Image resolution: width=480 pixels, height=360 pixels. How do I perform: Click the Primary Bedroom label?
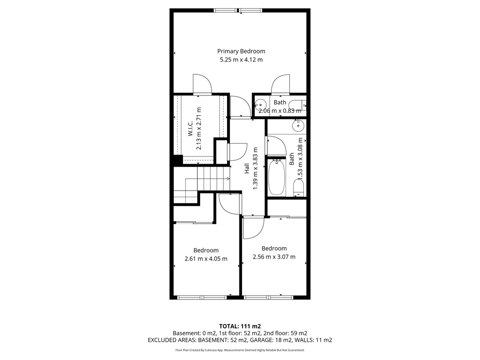[241, 51]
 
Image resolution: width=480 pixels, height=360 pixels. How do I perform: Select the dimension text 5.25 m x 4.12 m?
[241, 60]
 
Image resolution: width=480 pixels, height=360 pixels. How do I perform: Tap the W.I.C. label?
[190, 129]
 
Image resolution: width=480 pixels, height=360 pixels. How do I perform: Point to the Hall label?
[247, 168]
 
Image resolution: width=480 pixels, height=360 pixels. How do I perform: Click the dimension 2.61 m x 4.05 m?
[206, 259]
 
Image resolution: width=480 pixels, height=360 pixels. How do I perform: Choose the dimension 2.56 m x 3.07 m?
[274, 257]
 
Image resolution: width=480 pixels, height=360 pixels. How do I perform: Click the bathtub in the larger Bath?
[277, 178]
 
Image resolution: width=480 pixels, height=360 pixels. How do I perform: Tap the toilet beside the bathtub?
[299, 188]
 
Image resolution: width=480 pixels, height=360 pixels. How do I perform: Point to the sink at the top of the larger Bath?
[298, 126]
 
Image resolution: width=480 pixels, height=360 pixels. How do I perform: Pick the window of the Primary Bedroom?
[238, 11]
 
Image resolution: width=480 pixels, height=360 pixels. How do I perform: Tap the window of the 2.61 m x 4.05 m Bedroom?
[202, 297]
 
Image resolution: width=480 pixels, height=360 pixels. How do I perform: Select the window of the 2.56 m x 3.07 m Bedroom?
[268, 297]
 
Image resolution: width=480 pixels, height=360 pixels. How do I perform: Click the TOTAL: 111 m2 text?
[240, 326]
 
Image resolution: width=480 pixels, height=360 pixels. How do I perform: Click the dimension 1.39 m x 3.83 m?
[255, 168]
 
